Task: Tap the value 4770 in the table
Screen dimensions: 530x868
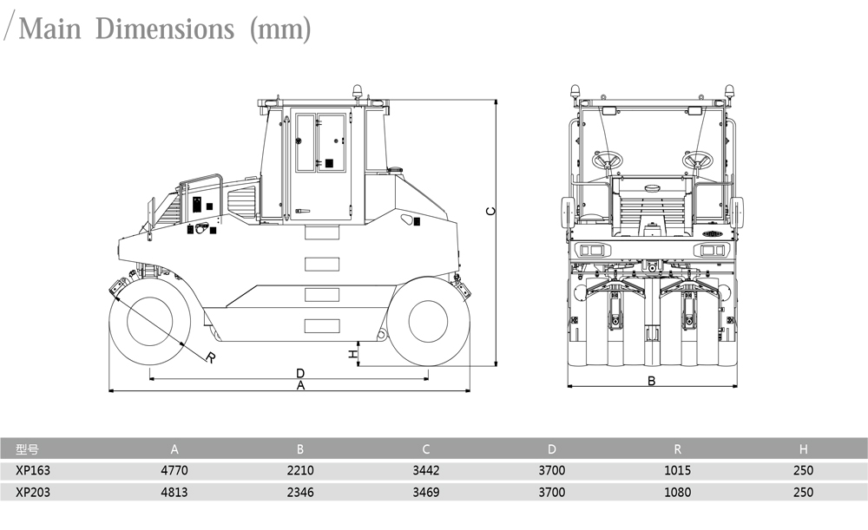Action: (174, 470)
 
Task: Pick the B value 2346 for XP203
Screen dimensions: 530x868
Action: (300, 492)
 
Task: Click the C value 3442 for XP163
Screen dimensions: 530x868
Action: (425, 470)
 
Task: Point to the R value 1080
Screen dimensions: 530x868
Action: (677, 492)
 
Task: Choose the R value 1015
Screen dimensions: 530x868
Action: (677, 470)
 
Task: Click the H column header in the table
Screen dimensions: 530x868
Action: (803, 448)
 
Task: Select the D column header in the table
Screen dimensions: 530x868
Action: (551, 448)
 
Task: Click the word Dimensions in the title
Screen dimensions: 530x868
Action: (165, 29)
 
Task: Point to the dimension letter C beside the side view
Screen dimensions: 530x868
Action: (490, 211)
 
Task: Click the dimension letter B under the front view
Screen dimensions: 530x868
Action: (651, 381)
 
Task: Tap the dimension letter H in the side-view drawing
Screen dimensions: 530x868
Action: (352, 354)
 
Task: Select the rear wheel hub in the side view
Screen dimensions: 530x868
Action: (428, 321)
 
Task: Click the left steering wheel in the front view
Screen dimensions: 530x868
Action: (607, 160)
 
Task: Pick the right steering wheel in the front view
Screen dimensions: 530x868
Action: (697, 160)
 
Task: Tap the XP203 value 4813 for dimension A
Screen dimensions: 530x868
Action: (174, 492)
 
